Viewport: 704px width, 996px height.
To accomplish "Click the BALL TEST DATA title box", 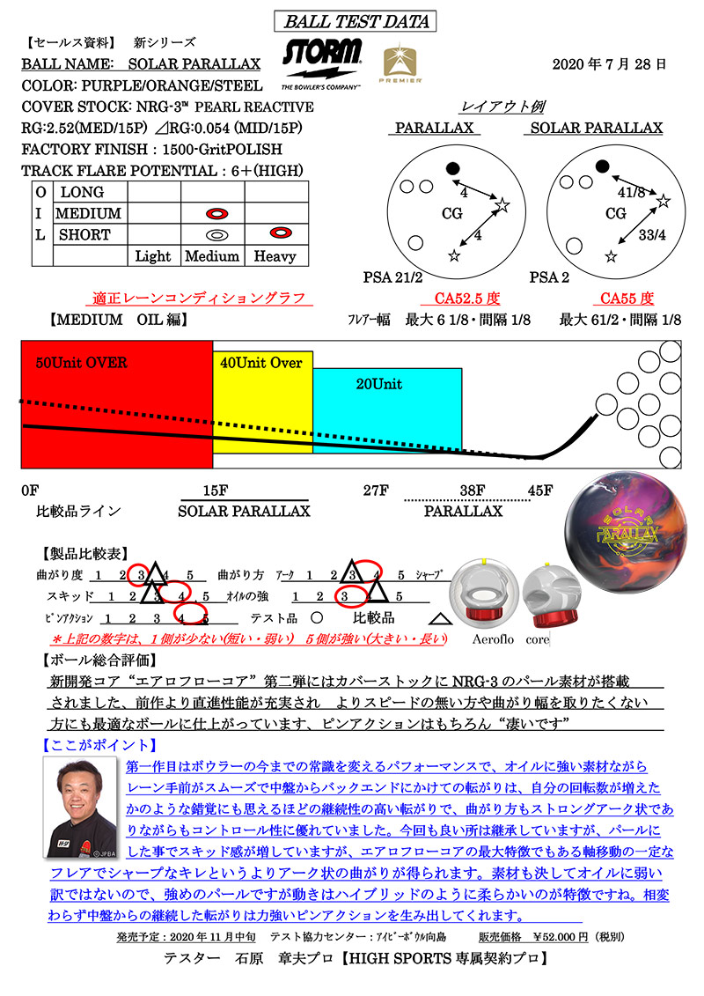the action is point(355,21).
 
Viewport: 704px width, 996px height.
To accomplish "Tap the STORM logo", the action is point(322,63).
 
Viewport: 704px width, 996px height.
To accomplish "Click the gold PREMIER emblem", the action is point(400,63).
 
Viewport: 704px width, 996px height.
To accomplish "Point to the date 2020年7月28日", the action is point(609,64).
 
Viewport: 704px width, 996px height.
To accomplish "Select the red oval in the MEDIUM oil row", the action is point(217,213).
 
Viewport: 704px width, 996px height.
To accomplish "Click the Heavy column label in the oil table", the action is point(275,256).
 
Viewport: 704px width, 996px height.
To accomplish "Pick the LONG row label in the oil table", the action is point(82,192).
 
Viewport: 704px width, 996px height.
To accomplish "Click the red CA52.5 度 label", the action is point(467,299).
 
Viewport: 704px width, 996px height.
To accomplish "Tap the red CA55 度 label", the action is point(627,299).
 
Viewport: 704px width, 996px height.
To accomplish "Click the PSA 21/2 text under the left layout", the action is point(393,277).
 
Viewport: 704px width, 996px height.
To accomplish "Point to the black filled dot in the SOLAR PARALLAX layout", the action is point(603,166).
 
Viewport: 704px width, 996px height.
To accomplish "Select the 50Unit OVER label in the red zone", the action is point(81,363).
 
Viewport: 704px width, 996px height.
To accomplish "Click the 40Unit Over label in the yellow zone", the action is point(260,363).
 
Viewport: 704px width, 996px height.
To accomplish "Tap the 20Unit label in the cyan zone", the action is point(379,384).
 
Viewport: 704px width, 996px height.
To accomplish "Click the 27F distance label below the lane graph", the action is point(376,491).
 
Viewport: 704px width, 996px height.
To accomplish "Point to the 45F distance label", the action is point(540,491).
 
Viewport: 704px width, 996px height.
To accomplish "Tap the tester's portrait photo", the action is point(81,808).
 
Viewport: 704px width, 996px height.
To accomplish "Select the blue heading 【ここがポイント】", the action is point(99,745).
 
